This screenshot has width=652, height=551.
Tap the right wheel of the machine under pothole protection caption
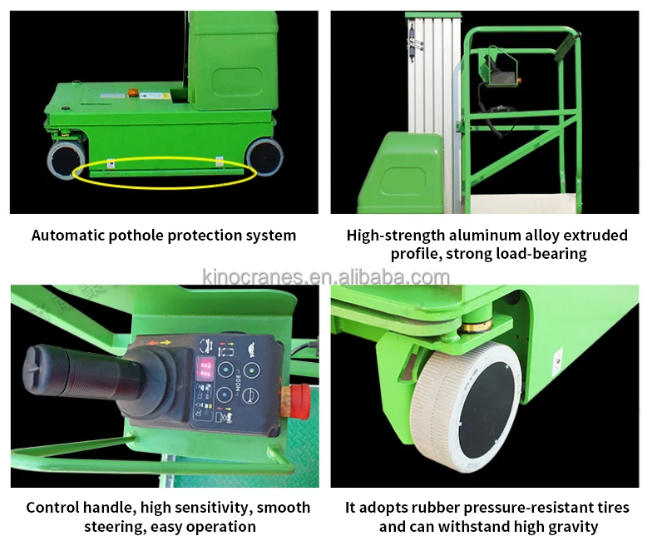(264, 156)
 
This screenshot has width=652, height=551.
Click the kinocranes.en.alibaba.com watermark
(326, 277)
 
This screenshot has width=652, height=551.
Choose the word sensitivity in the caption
(209, 507)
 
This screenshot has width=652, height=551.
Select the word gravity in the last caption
(569, 526)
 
